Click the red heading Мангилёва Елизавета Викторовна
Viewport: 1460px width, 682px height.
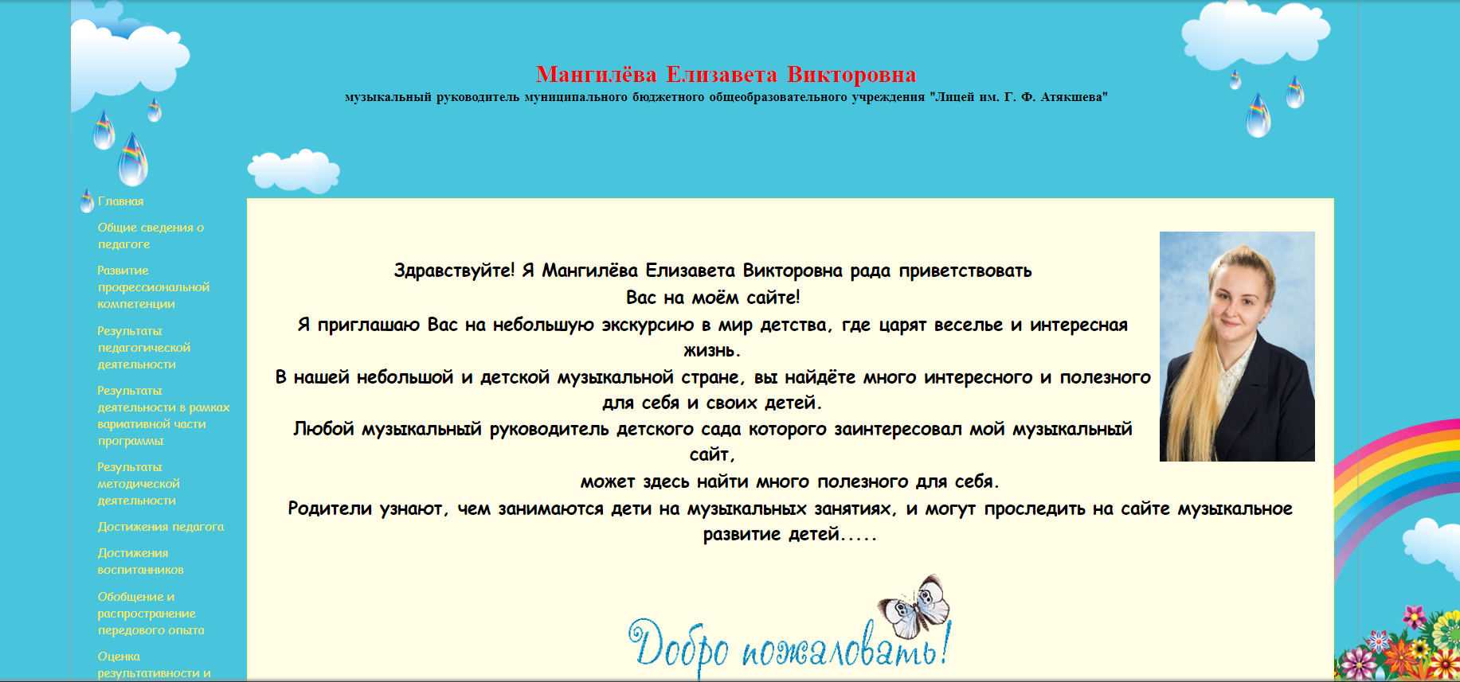(726, 75)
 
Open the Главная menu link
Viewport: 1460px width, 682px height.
(121, 201)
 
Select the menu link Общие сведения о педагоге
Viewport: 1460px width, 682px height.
(151, 236)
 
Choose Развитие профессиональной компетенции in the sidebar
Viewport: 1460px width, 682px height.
(154, 287)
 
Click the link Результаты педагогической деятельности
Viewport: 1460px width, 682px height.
(144, 348)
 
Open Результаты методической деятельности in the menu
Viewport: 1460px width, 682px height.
(139, 484)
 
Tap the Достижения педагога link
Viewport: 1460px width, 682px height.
(161, 527)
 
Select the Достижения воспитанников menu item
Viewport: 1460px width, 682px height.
(141, 561)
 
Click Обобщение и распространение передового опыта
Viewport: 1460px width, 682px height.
(151, 614)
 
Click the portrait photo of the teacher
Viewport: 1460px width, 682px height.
(1237, 346)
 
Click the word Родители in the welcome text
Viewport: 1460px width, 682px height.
(330, 509)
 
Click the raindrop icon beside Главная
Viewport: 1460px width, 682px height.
(87, 201)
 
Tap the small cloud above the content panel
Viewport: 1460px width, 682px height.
(294, 170)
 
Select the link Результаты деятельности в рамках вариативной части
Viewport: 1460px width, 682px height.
(164, 415)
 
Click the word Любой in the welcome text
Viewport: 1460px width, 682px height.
(323, 429)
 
